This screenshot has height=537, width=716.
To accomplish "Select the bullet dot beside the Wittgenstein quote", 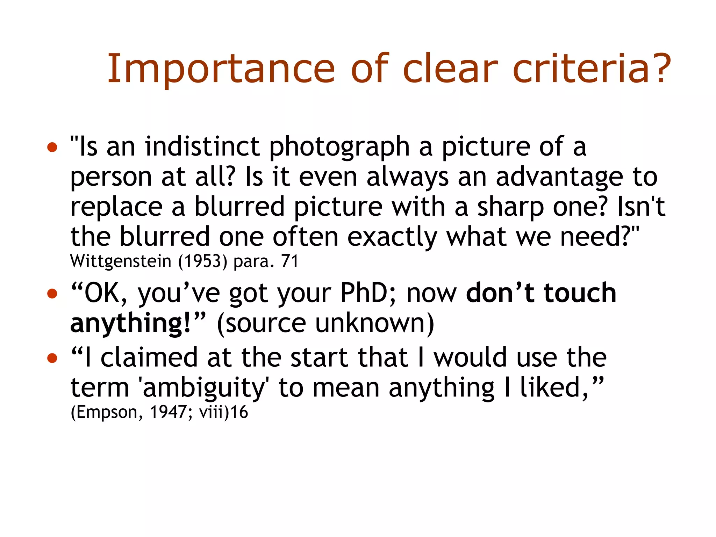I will coord(52,147).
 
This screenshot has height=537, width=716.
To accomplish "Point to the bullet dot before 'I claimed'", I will coord(52,358).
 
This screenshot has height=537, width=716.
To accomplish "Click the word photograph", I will coord(339,147).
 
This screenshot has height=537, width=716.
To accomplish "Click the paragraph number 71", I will coord(289,261).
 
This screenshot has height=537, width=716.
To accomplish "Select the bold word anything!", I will coord(131,323).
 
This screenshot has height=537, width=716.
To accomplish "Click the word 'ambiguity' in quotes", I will coord(204,388).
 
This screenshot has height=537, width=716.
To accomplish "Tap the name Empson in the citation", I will coord(107,412).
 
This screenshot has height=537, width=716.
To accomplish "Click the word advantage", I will coord(559,177).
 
